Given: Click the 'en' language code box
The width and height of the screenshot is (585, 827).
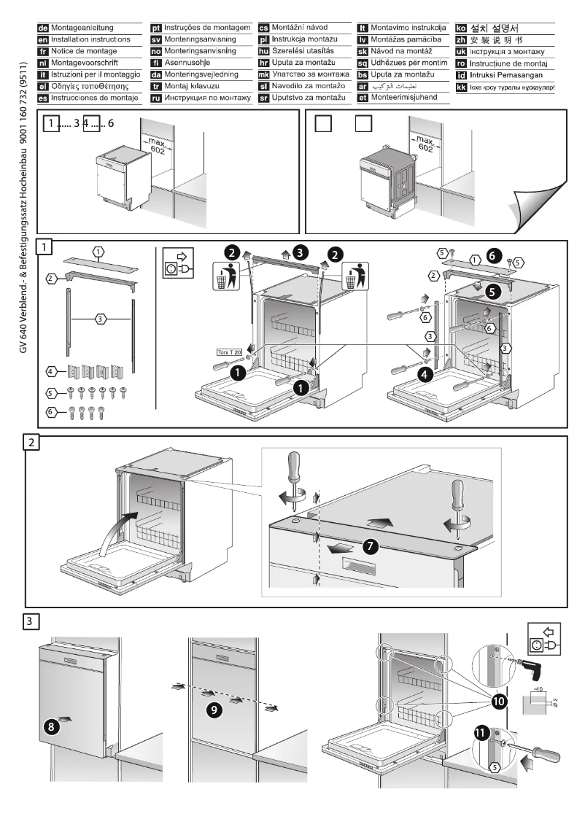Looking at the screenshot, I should (43, 39).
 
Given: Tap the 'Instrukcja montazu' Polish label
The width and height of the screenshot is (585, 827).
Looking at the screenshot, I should (305, 39).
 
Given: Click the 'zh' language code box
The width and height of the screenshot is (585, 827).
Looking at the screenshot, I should (460, 39).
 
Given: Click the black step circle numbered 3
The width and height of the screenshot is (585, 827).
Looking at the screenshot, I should (299, 254).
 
